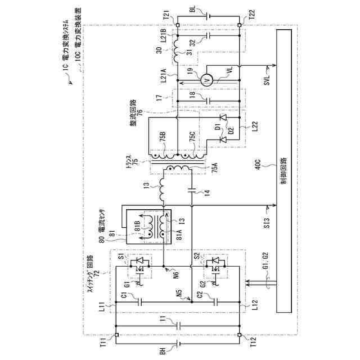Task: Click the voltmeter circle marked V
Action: tap(206, 81)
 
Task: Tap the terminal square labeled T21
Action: tap(177, 25)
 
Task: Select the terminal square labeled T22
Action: tap(239, 25)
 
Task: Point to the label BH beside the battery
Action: tap(163, 351)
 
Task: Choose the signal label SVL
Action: tap(267, 81)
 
